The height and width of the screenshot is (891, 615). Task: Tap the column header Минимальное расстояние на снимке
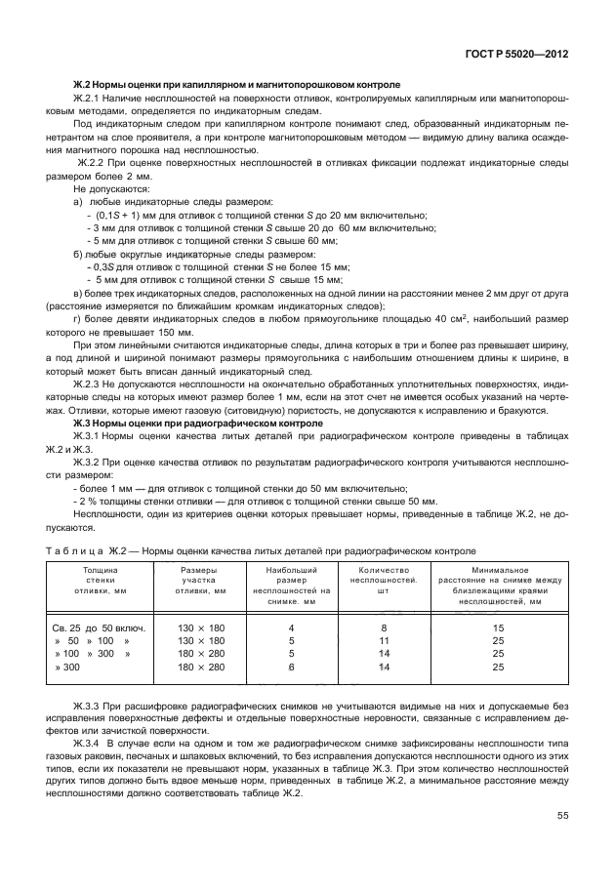click(498, 585)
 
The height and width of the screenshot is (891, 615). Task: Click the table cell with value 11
click(384, 641)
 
